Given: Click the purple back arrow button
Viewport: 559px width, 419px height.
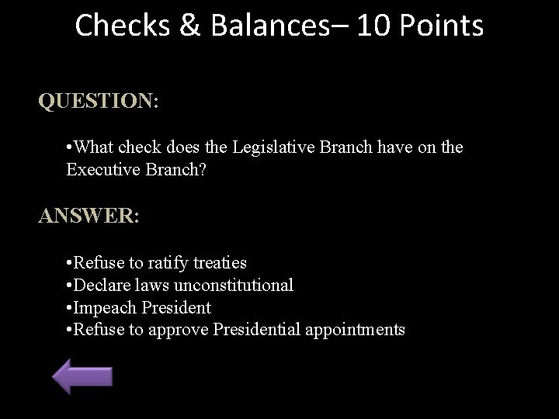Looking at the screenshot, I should (82, 376).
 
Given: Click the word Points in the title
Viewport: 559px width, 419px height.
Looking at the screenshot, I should (443, 26).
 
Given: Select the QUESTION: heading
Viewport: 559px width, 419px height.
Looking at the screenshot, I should (99, 102).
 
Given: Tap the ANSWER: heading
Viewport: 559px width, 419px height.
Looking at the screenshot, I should (89, 216).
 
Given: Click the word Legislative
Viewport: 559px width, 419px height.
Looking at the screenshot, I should (276, 147).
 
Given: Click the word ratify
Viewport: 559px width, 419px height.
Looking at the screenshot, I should (166, 263).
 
